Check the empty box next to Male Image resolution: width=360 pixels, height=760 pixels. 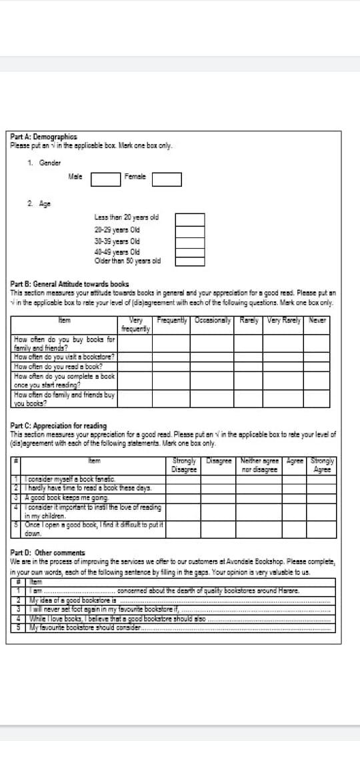click(x=105, y=180)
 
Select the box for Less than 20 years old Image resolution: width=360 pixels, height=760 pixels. click(x=189, y=218)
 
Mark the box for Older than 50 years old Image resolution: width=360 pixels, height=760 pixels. click(x=189, y=261)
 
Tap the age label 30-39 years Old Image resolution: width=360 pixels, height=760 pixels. click(x=117, y=240)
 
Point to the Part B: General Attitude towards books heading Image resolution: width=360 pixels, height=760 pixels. click(x=70, y=283)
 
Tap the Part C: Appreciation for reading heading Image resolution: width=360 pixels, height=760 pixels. click(x=59, y=425)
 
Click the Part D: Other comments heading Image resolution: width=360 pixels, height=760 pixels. click(x=48, y=553)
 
